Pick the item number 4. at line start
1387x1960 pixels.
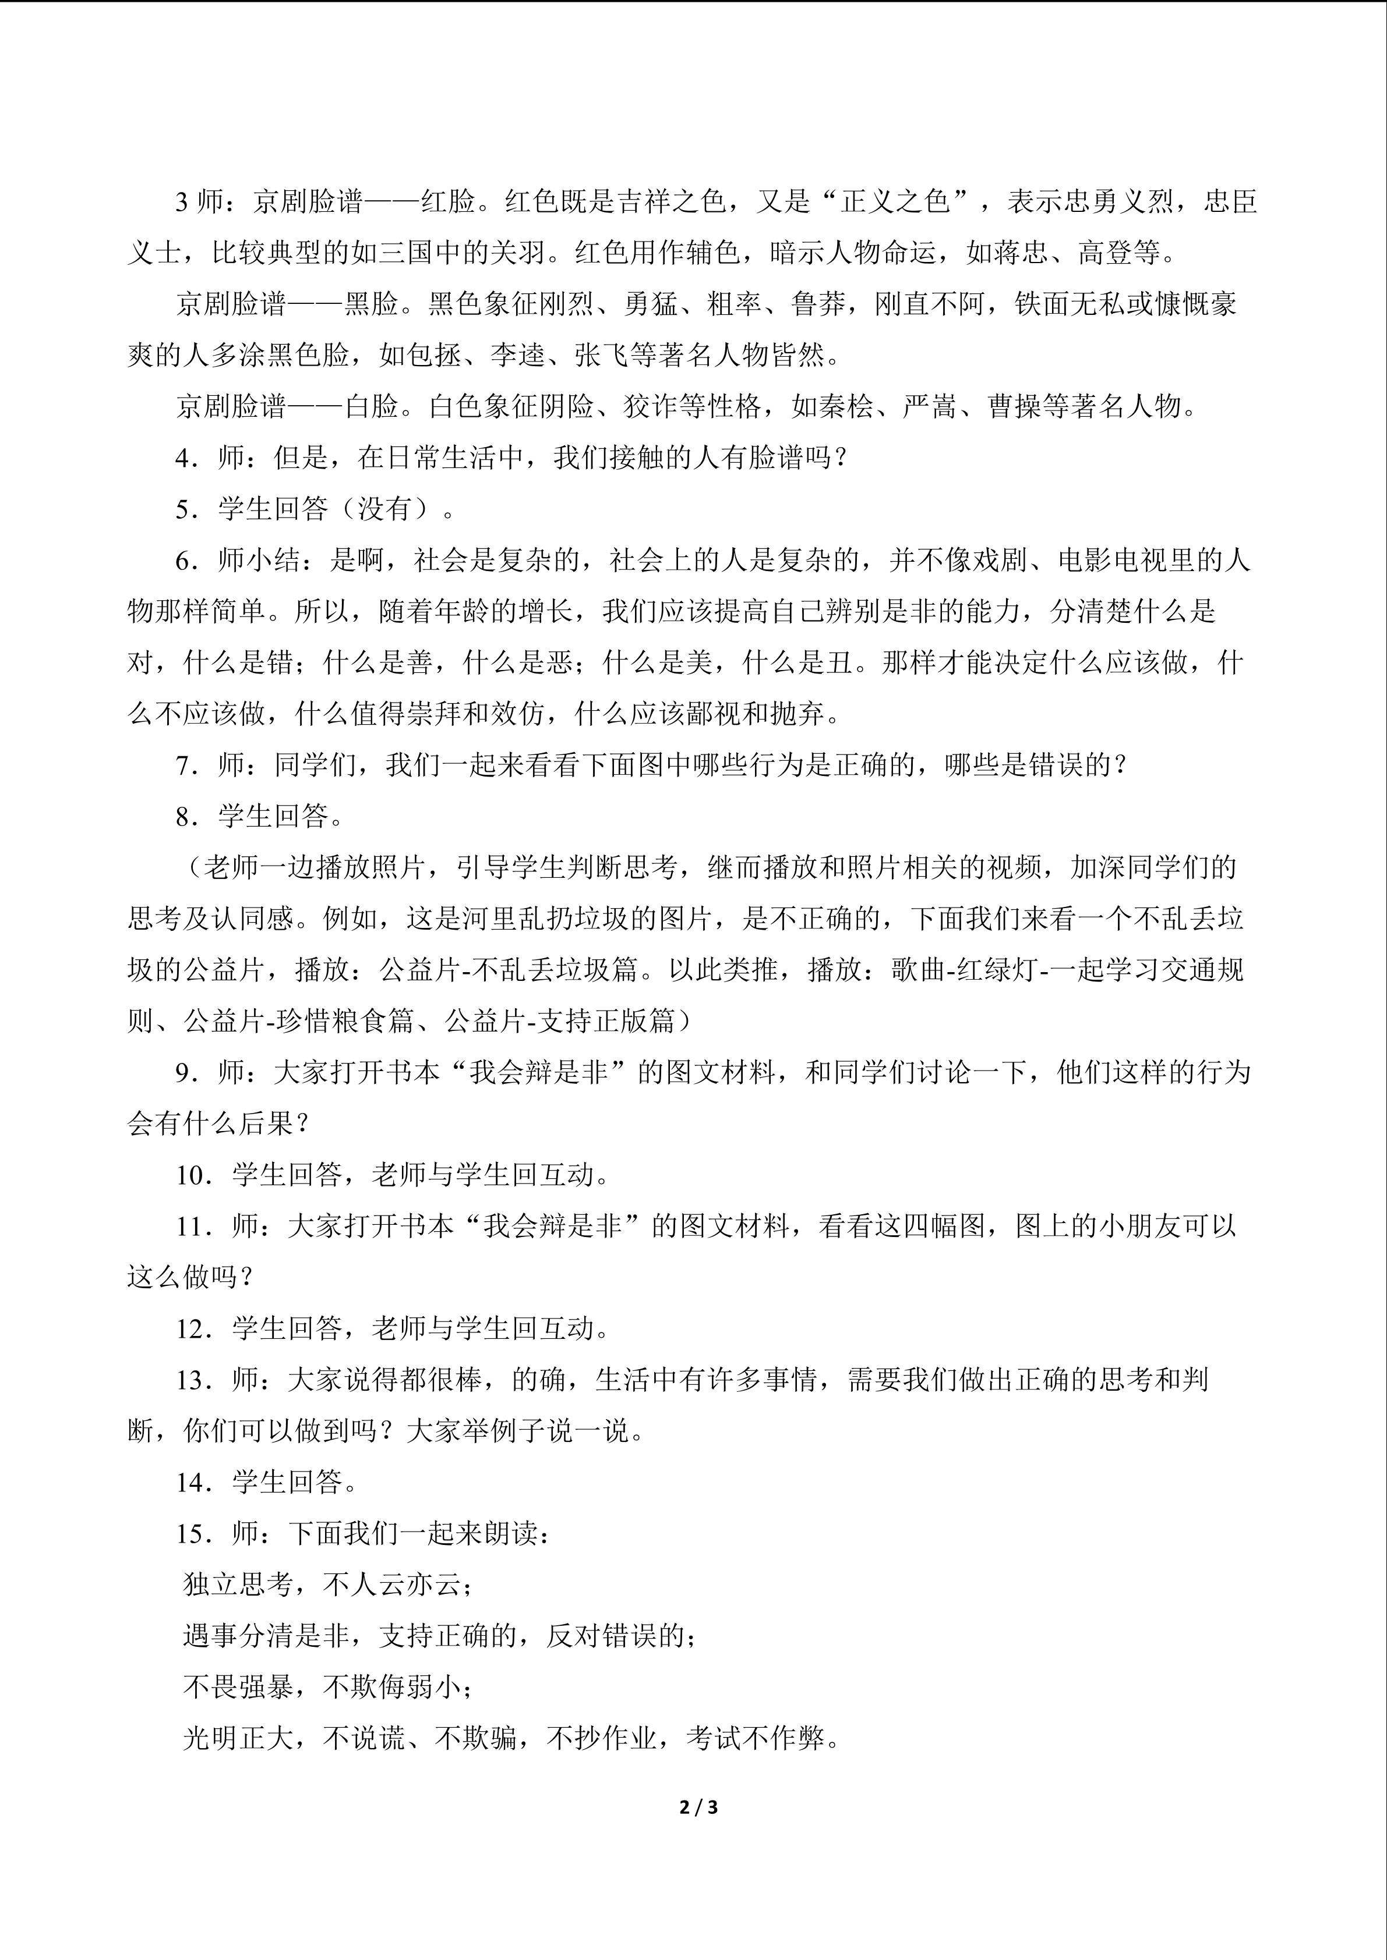tap(186, 458)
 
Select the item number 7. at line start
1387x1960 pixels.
tap(186, 765)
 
